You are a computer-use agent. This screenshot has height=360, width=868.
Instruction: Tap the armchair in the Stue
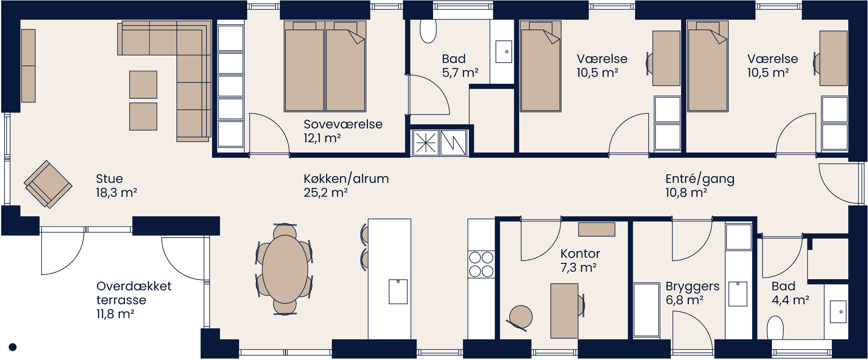[48, 184]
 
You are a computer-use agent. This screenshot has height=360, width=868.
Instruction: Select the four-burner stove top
[481, 264]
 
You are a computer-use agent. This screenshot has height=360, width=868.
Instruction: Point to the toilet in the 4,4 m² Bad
[775, 327]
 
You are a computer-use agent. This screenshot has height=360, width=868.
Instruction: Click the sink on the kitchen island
[398, 291]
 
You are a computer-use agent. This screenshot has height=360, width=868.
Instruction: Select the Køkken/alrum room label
[346, 179]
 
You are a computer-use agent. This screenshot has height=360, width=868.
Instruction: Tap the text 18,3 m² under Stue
[116, 193]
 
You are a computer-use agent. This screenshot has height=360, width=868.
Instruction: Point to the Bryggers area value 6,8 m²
[684, 300]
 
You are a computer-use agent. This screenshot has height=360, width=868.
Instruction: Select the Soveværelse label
[343, 124]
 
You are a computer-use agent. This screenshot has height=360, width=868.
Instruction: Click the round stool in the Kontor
[521, 317]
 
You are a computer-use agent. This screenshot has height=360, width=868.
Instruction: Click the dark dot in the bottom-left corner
[12, 347]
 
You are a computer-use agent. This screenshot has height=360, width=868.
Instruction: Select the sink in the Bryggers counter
[738, 294]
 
